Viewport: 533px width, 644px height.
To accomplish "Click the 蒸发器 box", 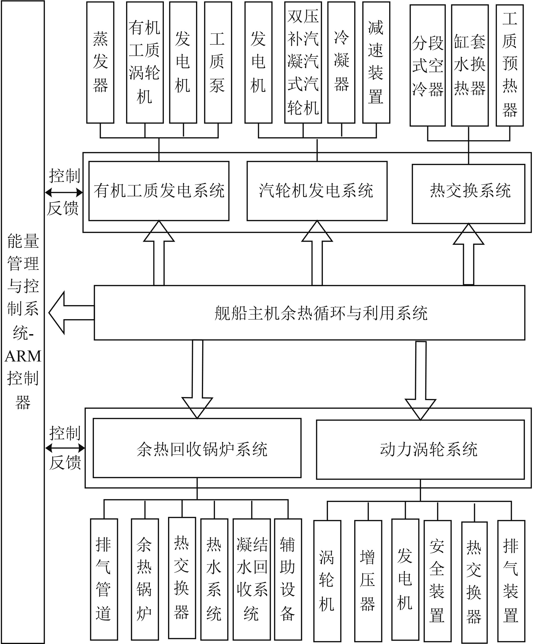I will coord(100,63).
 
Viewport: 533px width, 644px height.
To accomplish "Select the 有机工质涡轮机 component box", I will coord(145,63).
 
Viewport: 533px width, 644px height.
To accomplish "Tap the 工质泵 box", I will coord(218,63).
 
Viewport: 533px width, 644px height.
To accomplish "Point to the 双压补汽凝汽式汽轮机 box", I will coord(303,63).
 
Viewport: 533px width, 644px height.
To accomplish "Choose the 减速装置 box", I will coord(376,63).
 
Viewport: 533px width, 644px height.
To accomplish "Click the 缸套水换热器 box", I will coord(470,65).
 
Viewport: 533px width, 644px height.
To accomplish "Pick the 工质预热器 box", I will coord(509,65).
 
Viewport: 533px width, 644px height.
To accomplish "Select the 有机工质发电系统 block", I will coord(159,191).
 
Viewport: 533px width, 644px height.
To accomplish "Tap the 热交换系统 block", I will coord(468,193).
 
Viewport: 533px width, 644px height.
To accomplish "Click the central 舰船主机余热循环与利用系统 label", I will coord(320,313).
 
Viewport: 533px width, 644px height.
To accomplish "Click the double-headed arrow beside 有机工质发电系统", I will coord(64,193).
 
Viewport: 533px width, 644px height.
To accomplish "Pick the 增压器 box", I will coord(368,580).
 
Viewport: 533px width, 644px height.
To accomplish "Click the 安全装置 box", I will coord(437,580).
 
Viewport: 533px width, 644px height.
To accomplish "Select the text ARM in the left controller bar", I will coord(23,356).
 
